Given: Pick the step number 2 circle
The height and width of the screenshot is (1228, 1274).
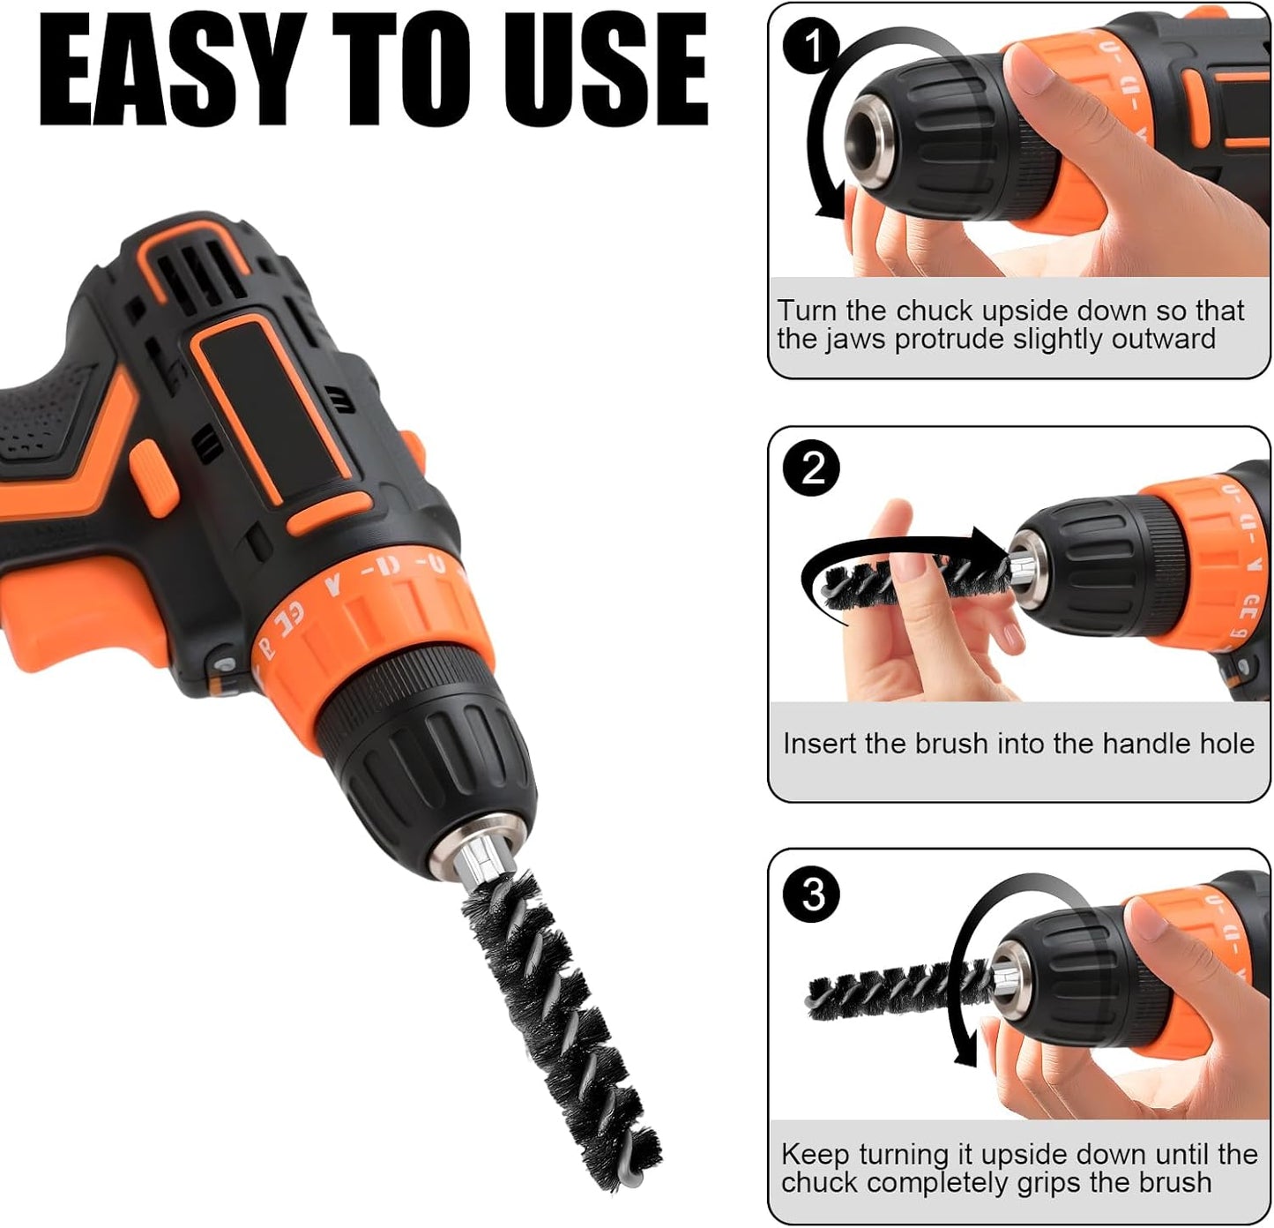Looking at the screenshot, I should click(x=812, y=468).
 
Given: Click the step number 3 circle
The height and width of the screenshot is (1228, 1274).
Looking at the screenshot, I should click(x=812, y=894).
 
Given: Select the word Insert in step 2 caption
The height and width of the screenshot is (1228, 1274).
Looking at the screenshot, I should click(x=820, y=744).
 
